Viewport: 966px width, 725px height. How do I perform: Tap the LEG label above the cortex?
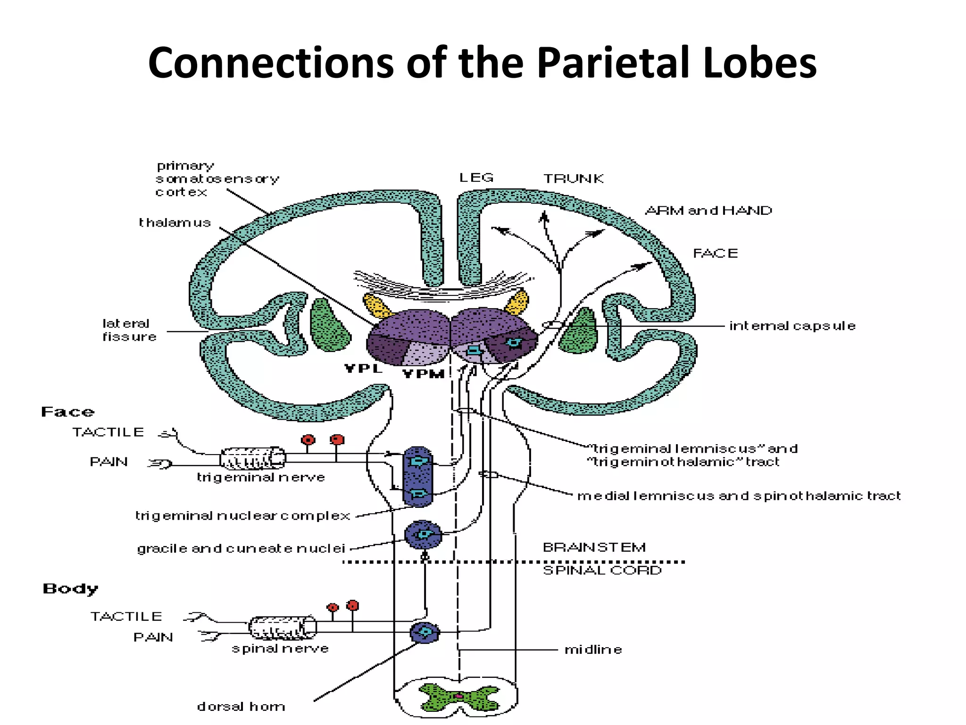pyautogui.click(x=476, y=178)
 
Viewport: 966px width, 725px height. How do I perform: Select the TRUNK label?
pyautogui.click(x=573, y=179)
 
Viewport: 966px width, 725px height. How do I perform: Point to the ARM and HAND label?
pyautogui.click(x=708, y=211)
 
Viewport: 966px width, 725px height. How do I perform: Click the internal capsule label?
pyautogui.click(x=792, y=326)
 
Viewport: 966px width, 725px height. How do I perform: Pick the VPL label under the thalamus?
pyautogui.click(x=363, y=369)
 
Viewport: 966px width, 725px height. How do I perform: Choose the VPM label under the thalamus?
pyautogui.click(x=424, y=374)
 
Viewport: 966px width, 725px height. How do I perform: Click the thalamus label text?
pyautogui.click(x=175, y=223)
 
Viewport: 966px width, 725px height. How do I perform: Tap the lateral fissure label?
pyautogui.click(x=129, y=330)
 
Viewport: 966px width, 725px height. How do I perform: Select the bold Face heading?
pyautogui.click(x=67, y=412)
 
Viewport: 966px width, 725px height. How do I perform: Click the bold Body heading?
pyautogui.click(x=70, y=589)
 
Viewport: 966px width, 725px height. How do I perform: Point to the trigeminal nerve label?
pyautogui.click(x=261, y=478)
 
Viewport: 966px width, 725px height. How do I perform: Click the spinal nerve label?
pyautogui.click(x=280, y=649)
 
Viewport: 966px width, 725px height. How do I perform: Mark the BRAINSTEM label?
pyautogui.click(x=594, y=548)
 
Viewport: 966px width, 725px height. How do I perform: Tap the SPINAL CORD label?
pyautogui.click(x=602, y=571)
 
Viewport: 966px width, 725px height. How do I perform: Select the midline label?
pyautogui.click(x=593, y=650)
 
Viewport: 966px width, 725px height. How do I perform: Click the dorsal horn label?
pyautogui.click(x=241, y=707)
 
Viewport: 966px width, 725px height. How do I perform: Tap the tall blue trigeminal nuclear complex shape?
pyautogui.click(x=418, y=477)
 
